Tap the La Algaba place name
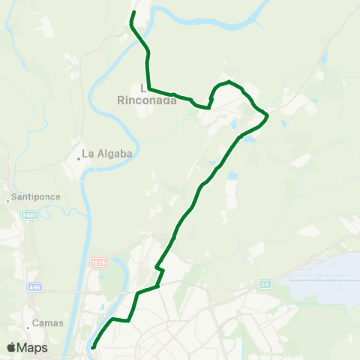click(x=106, y=154)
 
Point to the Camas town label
click(x=49, y=323)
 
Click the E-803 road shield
click(x=29, y=214)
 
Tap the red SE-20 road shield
click(x=96, y=262)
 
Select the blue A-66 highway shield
click(x=34, y=286)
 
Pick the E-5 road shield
click(x=265, y=283)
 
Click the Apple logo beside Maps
click(x=12, y=347)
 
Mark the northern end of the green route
click(x=134, y=12)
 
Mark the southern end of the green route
click(x=92, y=348)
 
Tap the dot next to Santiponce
click(x=8, y=199)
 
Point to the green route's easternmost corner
click(x=268, y=115)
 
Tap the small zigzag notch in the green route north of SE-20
click(x=157, y=266)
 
